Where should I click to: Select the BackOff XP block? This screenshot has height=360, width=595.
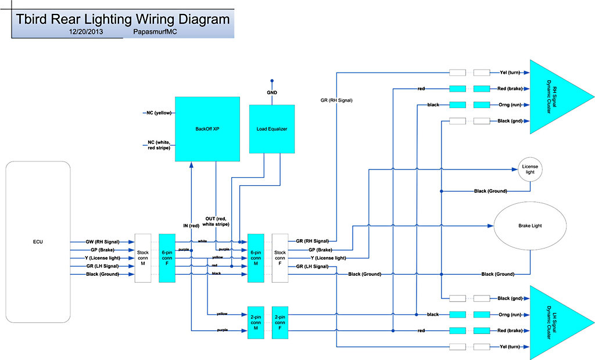click(207, 128)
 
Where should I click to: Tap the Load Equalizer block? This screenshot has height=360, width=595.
click(272, 128)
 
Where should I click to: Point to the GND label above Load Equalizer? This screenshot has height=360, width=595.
click(272, 93)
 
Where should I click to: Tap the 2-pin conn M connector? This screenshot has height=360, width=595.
click(256, 322)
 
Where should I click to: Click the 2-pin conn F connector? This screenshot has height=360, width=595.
click(280, 322)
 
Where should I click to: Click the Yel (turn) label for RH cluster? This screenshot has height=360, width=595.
click(509, 73)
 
